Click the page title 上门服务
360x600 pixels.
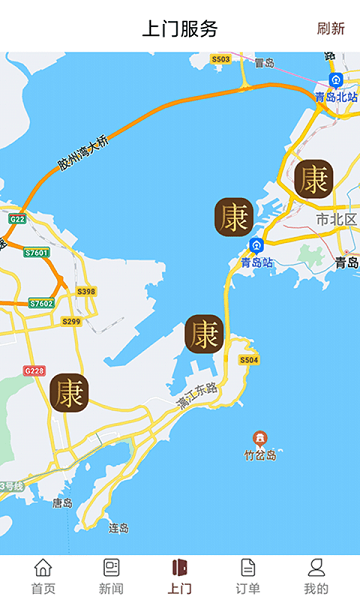pos(180,28)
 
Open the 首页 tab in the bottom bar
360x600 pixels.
pos(43,577)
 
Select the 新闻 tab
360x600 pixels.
pos(111,577)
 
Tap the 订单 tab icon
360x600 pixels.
pos(248,568)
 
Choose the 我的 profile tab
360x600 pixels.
pos(316,577)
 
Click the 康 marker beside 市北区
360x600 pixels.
pos(314,179)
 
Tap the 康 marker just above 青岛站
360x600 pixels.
pos(235,217)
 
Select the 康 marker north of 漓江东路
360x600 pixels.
pos(204,334)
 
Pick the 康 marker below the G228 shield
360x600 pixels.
pos(69,392)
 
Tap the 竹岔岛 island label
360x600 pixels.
pos(260,454)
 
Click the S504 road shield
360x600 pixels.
pos(248,359)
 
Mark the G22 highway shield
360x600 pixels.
pos(16,217)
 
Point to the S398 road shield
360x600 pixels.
pos(86,291)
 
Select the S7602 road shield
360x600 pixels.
pos(41,303)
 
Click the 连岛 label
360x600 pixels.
pos(119,527)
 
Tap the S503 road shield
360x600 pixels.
pos(220,59)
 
